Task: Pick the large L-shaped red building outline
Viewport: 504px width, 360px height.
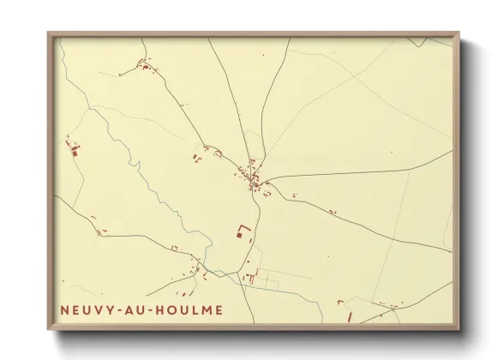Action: pos(243,231)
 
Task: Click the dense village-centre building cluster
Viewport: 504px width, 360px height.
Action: pos(254,177)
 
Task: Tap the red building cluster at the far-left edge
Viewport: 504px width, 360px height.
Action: pos(74,150)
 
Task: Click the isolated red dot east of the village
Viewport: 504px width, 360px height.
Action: pos(391,153)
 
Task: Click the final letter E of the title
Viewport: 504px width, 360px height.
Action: pos(220,309)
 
